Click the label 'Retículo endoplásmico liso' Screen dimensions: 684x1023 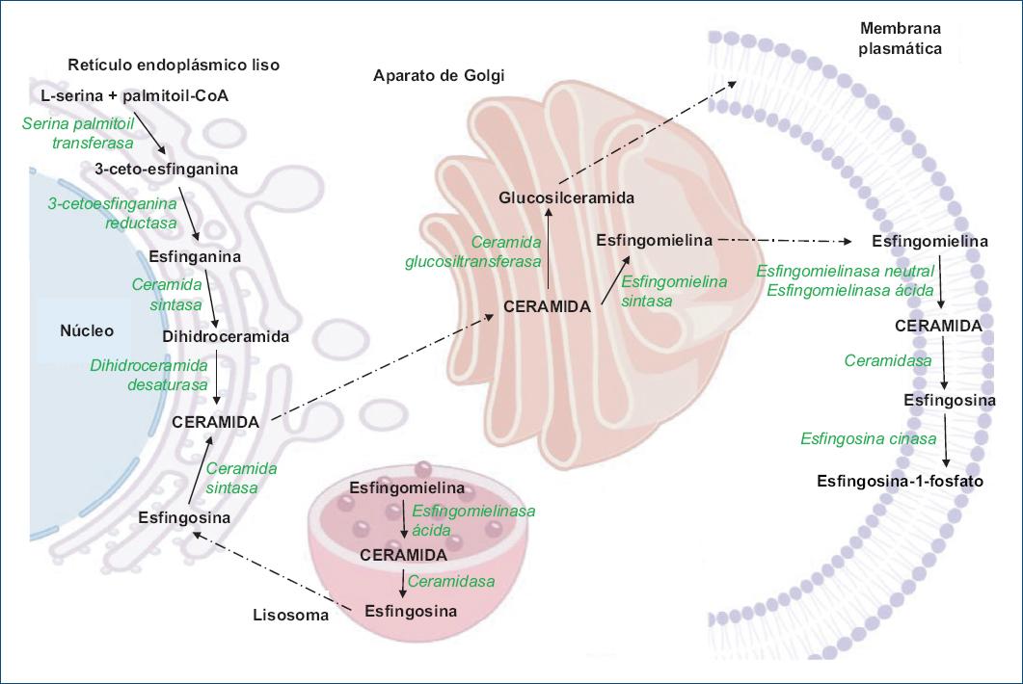174,66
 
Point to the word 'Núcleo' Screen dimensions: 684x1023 87,330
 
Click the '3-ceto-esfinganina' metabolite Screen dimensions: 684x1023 166,169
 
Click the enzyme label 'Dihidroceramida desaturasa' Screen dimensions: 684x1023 148,375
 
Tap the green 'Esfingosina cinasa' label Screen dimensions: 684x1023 868,438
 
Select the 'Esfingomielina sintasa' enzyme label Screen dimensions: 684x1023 673,291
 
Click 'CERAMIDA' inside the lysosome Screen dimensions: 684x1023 403,555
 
